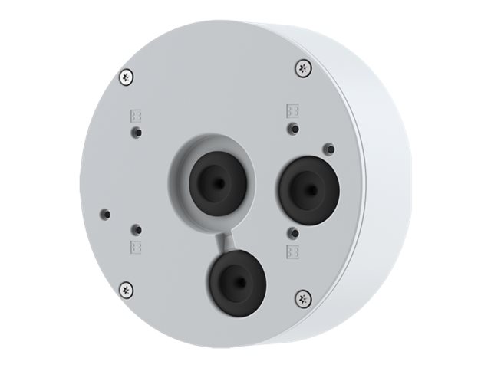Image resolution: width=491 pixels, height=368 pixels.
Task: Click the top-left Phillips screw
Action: pos(127,76)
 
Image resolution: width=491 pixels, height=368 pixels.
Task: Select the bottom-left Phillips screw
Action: pos(127,289)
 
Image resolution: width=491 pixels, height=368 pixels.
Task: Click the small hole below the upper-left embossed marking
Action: pos(136,132)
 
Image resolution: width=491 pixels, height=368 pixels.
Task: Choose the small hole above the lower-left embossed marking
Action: pos(136,228)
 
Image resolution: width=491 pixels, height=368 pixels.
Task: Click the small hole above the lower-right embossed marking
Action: pos(292,232)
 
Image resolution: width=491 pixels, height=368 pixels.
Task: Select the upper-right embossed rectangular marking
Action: pos(292,110)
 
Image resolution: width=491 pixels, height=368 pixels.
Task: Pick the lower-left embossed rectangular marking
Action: pos(136,247)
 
